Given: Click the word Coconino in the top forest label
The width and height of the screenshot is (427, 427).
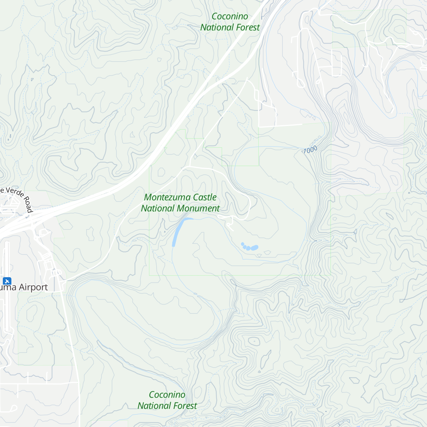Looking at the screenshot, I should click(x=230, y=16).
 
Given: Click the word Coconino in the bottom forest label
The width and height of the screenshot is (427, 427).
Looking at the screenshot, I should click(x=167, y=395).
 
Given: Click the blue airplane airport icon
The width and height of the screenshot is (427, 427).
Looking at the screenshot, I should click(x=7, y=281).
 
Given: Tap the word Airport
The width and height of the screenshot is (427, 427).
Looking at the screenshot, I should click(x=33, y=287).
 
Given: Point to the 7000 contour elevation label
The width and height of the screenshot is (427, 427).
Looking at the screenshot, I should click(x=310, y=150).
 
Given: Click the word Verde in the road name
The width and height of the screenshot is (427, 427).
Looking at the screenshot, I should click(x=15, y=193).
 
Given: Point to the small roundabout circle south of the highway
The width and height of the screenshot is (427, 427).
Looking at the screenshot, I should click(x=43, y=233).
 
